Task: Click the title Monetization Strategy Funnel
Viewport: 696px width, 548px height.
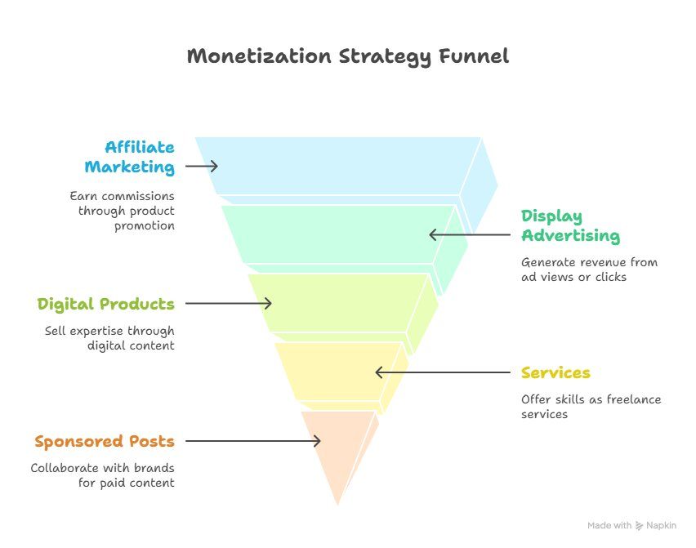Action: pyautogui.click(x=347, y=57)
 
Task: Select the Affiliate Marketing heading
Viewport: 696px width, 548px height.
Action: pyautogui.click(x=130, y=157)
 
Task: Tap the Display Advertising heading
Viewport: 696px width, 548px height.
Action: pyautogui.click(x=570, y=226)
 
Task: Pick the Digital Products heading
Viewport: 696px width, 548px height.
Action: pyautogui.click(x=105, y=305)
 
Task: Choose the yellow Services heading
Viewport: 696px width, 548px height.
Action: pyautogui.click(x=555, y=372)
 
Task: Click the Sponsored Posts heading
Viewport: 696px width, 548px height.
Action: pyautogui.click(x=105, y=442)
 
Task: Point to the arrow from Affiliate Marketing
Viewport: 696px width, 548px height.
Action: pyautogui.click(x=202, y=166)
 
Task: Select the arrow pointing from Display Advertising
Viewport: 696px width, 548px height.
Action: pyautogui.click(x=470, y=234)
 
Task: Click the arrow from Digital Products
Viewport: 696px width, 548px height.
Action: pyautogui.click(x=229, y=304)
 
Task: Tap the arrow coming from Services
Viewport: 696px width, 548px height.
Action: pyautogui.click(x=443, y=372)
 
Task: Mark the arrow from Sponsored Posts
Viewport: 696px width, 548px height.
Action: pyautogui.click(x=253, y=441)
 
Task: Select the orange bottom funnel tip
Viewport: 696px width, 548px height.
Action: pyautogui.click(x=338, y=448)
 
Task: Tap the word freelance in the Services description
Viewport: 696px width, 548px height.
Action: pyautogui.click(x=634, y=399)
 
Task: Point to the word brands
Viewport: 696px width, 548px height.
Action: pyautogui.click(x=154, y=468)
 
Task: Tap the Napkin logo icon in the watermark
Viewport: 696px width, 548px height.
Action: pyautogui.click(x=639, y=526)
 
